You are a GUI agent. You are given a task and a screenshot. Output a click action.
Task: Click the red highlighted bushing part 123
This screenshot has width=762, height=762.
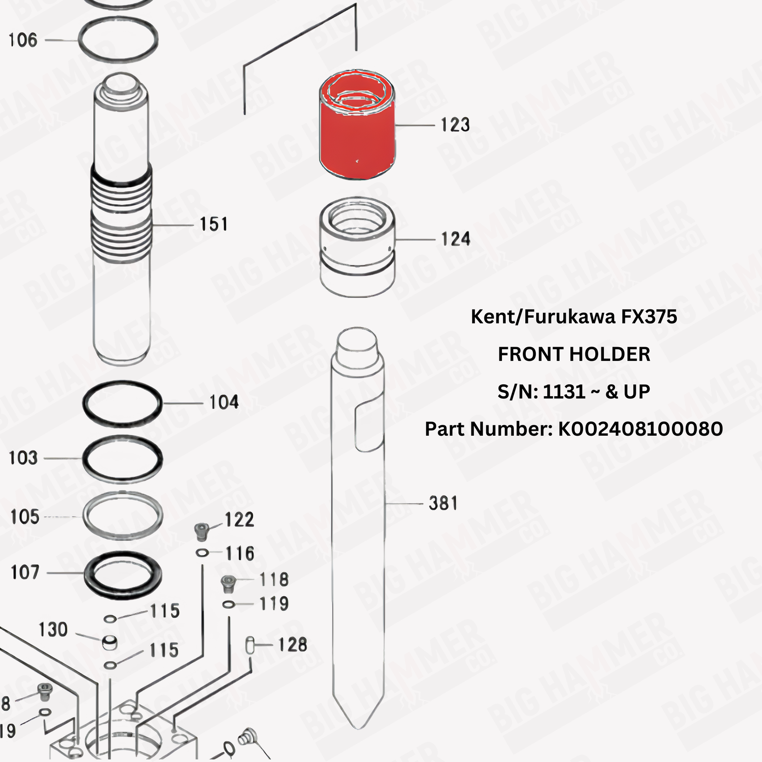(357, 138)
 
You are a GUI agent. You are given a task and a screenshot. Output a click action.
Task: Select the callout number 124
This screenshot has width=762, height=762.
(455, 239)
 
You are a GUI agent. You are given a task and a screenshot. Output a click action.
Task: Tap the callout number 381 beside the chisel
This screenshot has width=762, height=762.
(443, 503)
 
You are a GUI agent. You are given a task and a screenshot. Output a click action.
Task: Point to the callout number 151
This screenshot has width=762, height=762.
(213, 224)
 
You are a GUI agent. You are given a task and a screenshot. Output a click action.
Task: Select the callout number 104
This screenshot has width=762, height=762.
(224, 402)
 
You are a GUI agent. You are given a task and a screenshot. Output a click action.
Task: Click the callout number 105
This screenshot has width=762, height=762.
(25, 517)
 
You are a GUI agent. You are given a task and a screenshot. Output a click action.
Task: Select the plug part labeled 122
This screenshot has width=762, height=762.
(201, 531)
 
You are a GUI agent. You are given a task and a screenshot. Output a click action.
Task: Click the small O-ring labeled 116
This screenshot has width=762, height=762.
(202, 553)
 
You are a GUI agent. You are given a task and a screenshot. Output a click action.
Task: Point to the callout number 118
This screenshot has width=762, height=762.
(274, 580)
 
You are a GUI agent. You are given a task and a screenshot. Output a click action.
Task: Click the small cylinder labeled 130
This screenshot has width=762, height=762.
(110, 642)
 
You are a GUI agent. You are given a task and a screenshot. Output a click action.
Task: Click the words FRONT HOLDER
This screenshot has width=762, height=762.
(574, 354)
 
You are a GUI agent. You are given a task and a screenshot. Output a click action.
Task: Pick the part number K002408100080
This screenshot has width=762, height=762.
(640, 429)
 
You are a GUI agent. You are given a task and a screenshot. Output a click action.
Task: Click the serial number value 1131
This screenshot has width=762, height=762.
(564, 392)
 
